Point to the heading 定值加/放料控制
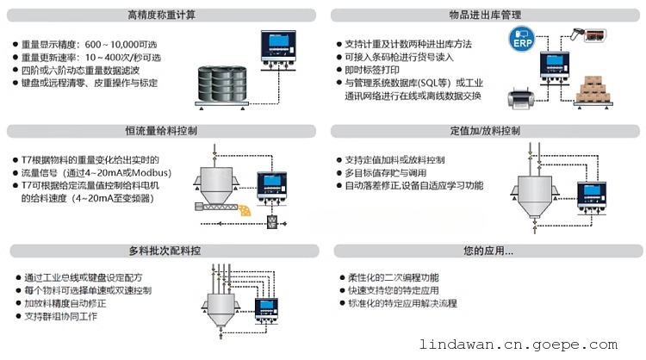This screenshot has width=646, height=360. (485, 131)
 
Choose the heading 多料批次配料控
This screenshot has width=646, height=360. (165, 251)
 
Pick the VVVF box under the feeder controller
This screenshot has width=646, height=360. (272, 223)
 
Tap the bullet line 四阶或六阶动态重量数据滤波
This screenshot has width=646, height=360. (80, 70)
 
